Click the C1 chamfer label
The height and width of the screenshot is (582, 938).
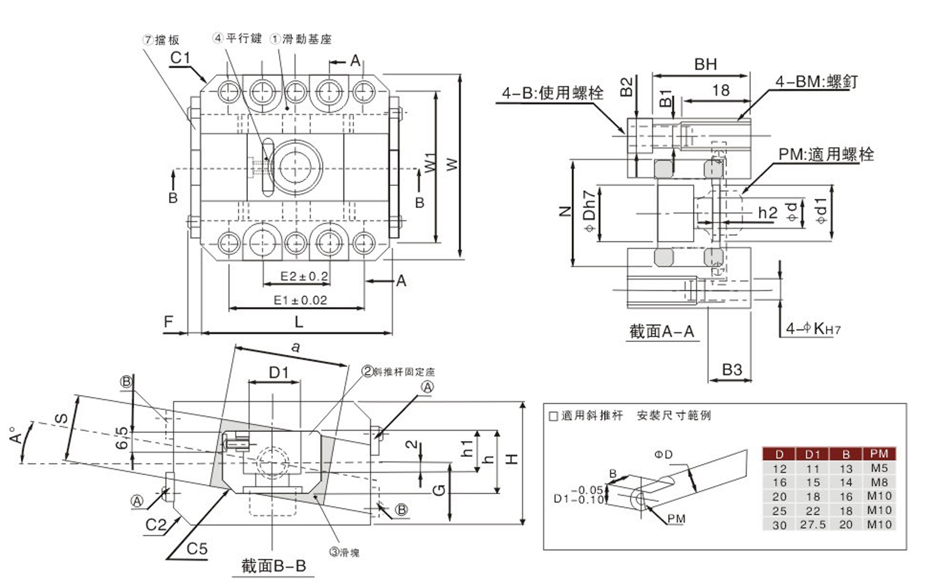[x=180, y=58]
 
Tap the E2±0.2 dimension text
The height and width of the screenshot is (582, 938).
[x=303, y=277]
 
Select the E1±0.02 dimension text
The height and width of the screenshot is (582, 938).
[x=300, y=300]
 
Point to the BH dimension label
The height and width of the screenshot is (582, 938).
[x=705, y=64]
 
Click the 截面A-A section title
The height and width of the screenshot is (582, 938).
[x=661, y=332]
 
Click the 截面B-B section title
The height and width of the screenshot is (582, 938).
[x=273, y=566]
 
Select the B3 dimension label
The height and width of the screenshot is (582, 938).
[x=732, y=370]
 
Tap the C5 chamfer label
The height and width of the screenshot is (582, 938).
[x=197, y=548]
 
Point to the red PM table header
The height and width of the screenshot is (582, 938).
[x=878, y=454]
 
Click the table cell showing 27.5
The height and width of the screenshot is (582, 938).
[x=812, y=525]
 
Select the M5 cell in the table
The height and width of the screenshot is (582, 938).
[x=878, y=468]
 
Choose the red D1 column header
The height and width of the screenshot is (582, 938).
[x=812, y=454]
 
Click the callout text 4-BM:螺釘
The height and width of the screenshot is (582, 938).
[x=816, y=82]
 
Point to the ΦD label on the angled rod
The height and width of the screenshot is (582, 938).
[x=664, y=454]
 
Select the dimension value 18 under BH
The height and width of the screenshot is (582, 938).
[x=720, y=90]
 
